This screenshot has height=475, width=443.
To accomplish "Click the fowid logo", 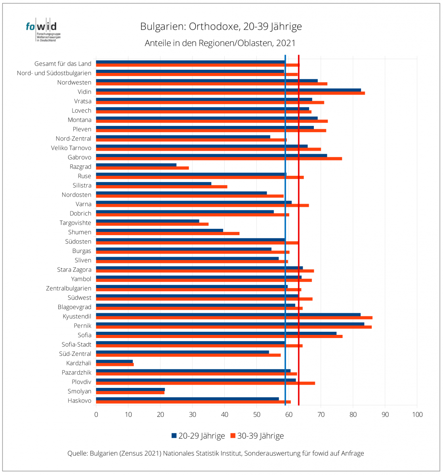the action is point(43,30).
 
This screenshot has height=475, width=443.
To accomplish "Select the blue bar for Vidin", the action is point(229,90).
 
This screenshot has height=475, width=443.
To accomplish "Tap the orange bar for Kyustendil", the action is point(234,317).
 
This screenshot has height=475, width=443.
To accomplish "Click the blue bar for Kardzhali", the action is point(114,361).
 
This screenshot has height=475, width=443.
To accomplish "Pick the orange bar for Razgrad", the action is point(142,168).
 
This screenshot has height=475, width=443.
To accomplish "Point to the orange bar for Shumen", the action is point(168,234).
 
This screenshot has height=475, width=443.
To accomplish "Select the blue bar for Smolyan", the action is point(130,389).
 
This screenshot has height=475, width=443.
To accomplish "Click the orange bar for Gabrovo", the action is point(219,159).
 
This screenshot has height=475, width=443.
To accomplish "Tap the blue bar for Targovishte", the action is point(147,221).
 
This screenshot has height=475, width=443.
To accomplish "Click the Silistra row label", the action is point(82,185).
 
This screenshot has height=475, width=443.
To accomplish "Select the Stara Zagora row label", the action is point(74,270).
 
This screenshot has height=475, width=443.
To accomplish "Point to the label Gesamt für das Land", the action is point(63,64).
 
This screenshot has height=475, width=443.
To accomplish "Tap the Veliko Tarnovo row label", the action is point(71,148).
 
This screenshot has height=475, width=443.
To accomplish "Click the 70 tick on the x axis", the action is point(321,415).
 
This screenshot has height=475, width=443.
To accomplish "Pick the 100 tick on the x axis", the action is point(417,415).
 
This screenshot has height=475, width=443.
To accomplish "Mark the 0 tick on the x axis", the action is point(96,415).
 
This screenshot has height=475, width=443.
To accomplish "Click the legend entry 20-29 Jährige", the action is point(198,436).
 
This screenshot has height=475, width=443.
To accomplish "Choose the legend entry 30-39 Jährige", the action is point(257,436).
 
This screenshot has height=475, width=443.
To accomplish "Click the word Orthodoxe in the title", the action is point(214,27).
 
